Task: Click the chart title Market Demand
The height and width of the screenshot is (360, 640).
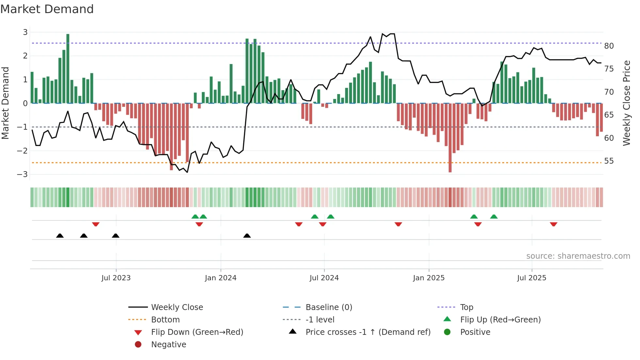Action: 47,9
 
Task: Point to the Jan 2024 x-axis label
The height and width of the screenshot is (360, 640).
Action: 220,278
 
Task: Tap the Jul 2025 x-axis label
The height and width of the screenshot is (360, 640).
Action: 532,278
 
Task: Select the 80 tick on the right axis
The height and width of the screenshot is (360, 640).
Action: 609,46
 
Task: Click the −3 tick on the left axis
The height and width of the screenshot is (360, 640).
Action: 23,174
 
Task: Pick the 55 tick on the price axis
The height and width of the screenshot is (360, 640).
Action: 609,161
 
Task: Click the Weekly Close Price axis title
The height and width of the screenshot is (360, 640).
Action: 626,103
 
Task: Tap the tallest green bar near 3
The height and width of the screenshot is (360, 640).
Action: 68,69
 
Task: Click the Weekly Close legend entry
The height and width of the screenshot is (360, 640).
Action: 177,307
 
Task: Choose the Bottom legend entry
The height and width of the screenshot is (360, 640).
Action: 165,320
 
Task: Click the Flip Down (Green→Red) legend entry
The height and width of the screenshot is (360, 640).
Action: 197,332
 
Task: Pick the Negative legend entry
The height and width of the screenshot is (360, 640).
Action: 168,345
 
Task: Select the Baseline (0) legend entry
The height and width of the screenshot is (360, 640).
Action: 328,307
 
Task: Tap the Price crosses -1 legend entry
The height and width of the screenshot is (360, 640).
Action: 368,332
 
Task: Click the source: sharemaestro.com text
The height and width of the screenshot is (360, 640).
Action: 578,256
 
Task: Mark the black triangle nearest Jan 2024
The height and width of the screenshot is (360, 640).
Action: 247,236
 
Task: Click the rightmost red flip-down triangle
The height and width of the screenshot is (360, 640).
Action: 553,224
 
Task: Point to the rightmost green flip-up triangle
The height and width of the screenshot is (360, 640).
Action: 494,217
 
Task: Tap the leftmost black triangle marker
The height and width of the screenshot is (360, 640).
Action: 60,236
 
